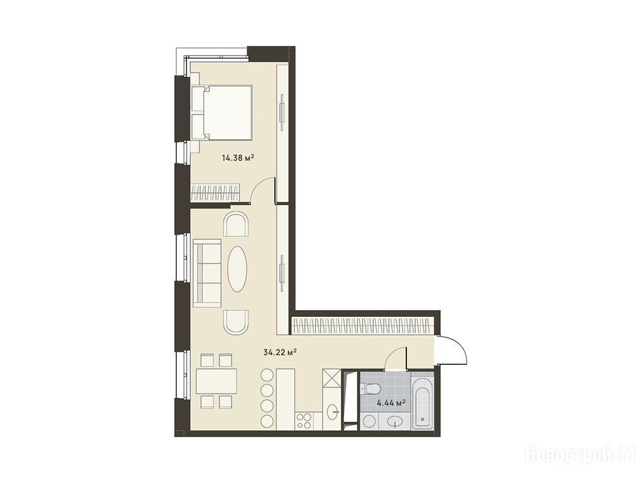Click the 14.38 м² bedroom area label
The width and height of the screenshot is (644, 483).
[238, 157]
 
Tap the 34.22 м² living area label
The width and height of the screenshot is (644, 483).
[280, 352]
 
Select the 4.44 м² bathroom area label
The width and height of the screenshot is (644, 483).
[391, 403]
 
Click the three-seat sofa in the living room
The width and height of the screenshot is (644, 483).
[208, 273]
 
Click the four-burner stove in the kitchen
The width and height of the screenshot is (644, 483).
[304, 421]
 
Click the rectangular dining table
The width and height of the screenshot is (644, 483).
[217, 381]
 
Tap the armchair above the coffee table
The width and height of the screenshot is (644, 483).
[236, 224]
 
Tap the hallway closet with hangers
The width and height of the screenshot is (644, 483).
[362, 325]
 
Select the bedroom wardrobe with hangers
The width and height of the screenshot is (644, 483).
[215, 192]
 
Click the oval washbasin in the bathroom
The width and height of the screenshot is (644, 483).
[396, 421]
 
